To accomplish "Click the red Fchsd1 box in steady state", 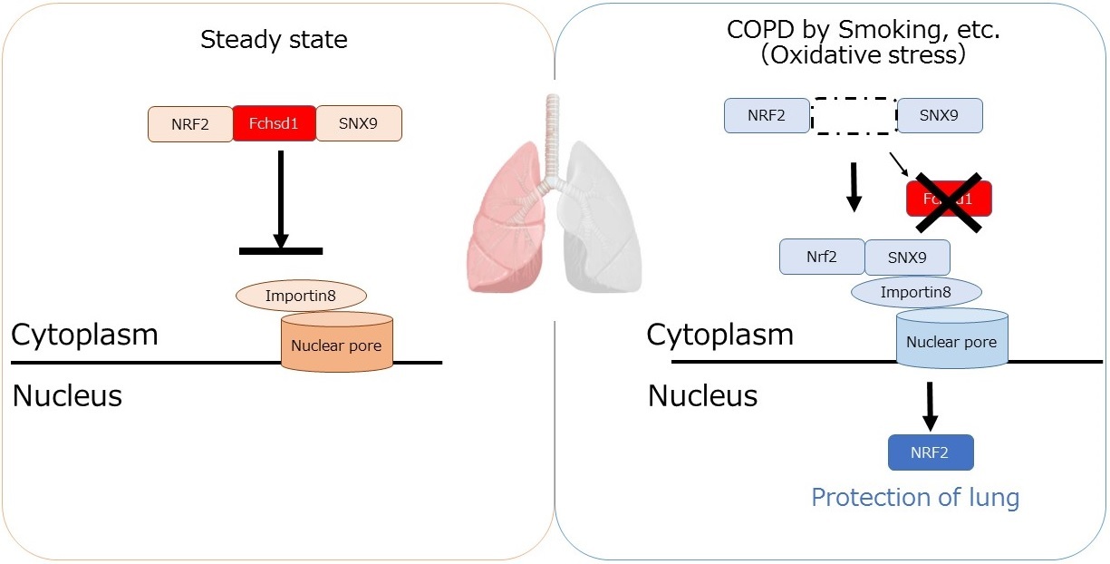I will pos(275,123).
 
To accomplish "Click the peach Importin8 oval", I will pos(301,296).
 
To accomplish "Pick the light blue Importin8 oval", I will pos(916,292).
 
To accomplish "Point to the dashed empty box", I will pos(853,116).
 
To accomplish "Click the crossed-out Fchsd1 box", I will pos(949,199).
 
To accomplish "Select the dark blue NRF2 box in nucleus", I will pos(931,452).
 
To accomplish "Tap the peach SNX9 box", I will pos(359,123).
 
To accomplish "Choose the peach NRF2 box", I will pos(190,124).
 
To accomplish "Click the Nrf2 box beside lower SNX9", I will pos(822,257).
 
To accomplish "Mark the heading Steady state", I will pos(274,40).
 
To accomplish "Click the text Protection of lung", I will pos(915,498).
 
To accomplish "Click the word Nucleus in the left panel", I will pos(67,396).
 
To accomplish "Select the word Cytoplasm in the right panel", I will pos(719,335).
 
